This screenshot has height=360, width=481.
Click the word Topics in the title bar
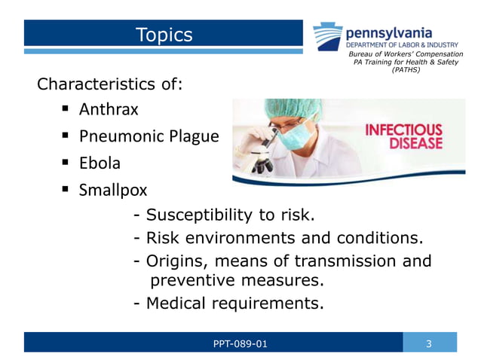coord(164,35)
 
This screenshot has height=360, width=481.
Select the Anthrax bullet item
coord(109,110)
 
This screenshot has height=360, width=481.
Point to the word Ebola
coord(100,163)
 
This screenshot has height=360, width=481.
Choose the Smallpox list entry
coord(113,189)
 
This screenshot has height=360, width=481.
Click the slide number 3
coord(429,344)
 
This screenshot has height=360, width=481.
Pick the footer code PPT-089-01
coord(240,344)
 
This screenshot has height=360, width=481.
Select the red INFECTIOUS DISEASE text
coord(403,136)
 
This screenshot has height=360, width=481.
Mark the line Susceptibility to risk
coord(223,216)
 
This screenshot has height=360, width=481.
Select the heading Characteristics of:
coord(110,84)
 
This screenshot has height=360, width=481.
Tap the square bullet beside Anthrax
coord(64,110)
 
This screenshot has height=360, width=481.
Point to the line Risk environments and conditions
coord(277,239)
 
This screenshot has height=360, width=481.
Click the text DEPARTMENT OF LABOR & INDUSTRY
coord(402,45)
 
